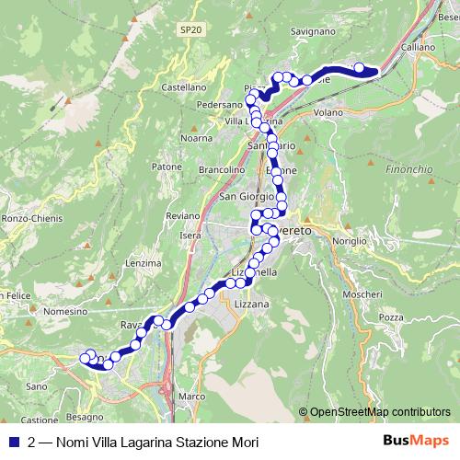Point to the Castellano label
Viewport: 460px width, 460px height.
pyautogui.click(x=182, y=86)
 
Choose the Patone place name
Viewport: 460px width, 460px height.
pyautogui.click(x=167, y=167)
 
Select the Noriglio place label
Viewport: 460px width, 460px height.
pyautogui.click(x=349, y=239)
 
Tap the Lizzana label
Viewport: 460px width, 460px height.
pyautogui.click(x=252, y=304)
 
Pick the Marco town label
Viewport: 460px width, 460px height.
pyautogui.click(x=191, y=397)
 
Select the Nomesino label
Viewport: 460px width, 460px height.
pyautogui.click(x=64, y=312)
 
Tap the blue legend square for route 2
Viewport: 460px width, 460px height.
pyautogui.click(x=14, y=442)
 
